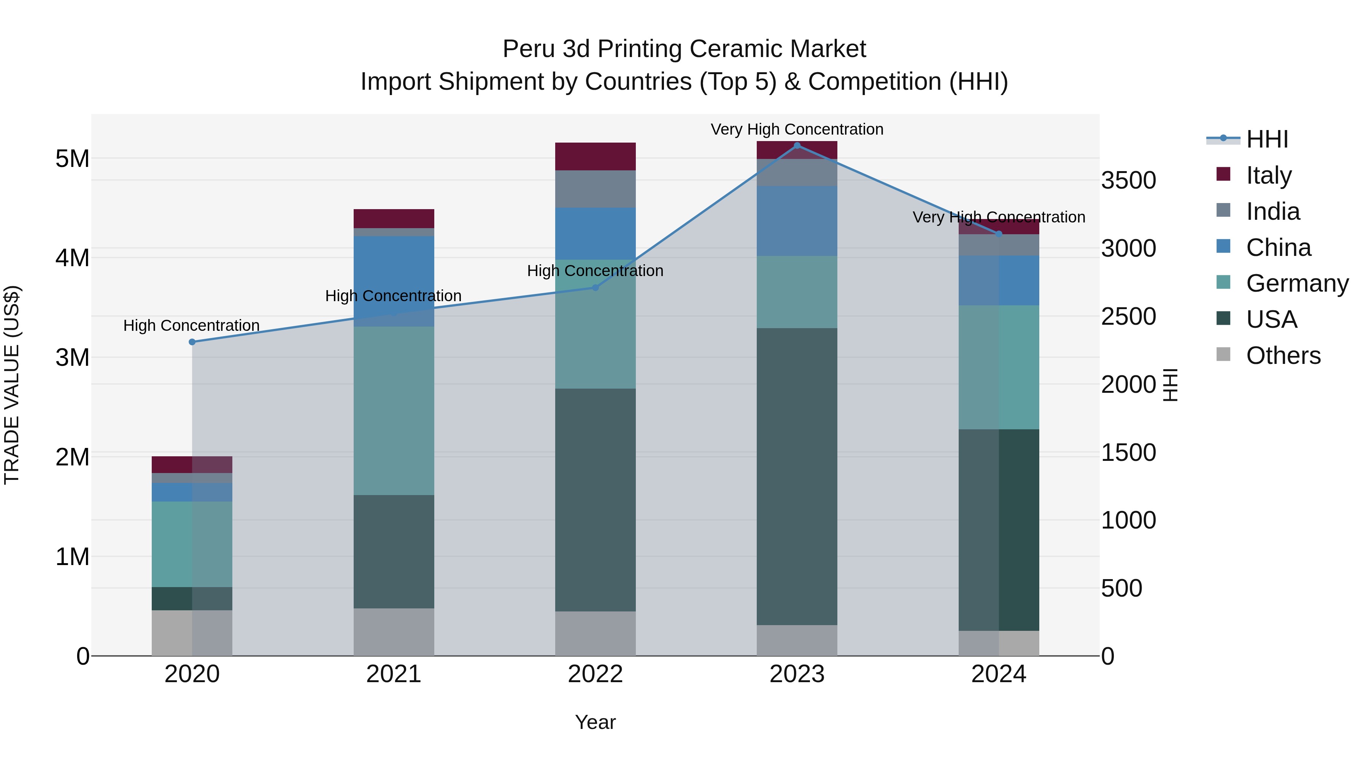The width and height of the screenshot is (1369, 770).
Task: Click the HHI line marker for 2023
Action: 797,146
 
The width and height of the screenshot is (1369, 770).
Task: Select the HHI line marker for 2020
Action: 192,342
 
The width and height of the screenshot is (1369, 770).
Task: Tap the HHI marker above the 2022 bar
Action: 595,287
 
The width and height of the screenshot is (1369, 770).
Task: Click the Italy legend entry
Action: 1269,175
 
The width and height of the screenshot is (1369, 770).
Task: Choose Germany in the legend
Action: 1297,283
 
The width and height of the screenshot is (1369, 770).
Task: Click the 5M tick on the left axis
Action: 72,158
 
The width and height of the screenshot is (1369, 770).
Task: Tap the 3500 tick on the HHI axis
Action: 1128,181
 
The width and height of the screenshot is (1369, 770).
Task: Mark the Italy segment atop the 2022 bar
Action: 595,156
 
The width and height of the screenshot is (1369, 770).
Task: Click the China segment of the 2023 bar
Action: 797,221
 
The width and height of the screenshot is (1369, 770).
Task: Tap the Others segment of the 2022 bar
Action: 595,633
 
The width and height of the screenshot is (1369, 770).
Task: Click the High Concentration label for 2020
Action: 191,325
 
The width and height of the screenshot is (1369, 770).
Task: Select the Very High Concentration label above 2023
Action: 797,129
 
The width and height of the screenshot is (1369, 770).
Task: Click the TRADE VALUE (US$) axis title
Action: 12,385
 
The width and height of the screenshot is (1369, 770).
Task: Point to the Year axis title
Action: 595,722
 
